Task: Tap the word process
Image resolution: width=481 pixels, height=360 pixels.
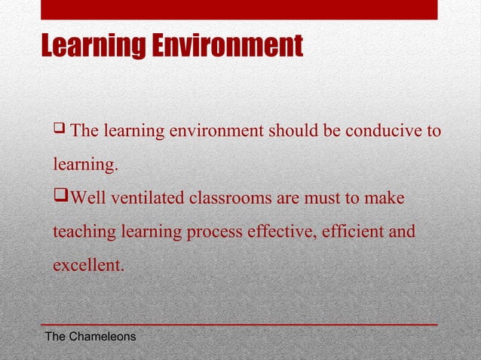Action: click(216, 231)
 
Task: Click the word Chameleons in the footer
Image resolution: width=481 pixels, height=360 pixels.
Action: click(103, 336)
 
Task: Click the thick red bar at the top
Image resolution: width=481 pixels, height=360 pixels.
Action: click(239, 9)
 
